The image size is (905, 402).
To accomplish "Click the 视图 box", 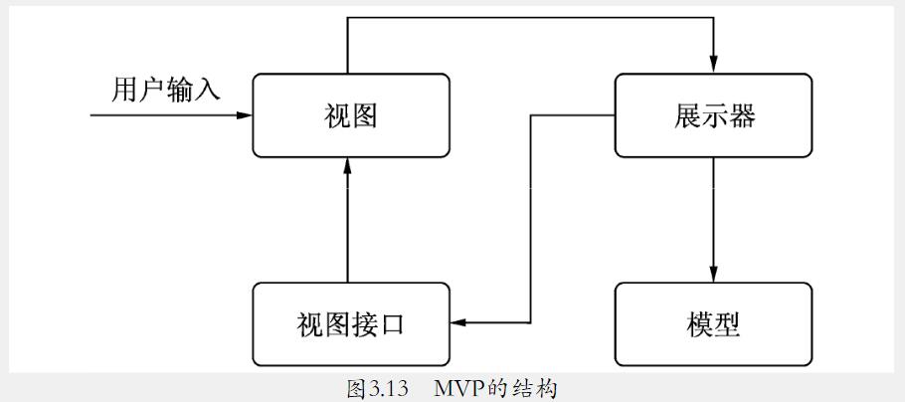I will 351,116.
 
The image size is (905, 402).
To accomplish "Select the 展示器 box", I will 713,116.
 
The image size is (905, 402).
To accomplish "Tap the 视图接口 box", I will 351,324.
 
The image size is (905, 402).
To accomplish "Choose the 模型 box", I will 713,324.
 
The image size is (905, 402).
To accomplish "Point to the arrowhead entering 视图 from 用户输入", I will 246,115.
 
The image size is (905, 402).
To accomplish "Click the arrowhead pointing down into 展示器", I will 713,67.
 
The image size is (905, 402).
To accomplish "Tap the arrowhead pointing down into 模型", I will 713,276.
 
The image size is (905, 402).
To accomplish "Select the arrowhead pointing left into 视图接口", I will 458,322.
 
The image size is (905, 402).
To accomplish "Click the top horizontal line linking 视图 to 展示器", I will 527,17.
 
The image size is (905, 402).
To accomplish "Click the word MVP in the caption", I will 458,388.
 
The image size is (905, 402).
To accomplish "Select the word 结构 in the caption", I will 537,388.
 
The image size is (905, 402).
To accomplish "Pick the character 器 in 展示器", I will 742,116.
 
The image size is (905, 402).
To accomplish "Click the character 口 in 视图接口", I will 393,324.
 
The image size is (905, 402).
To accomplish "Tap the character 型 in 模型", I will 727,324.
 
